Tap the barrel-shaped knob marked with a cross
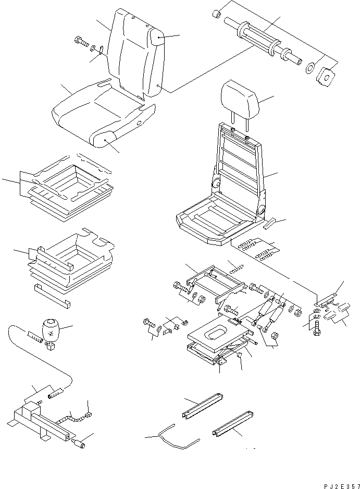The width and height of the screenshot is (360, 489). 51,329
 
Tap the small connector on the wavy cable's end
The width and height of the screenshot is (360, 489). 89,415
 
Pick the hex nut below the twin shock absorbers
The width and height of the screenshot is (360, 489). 276,335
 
